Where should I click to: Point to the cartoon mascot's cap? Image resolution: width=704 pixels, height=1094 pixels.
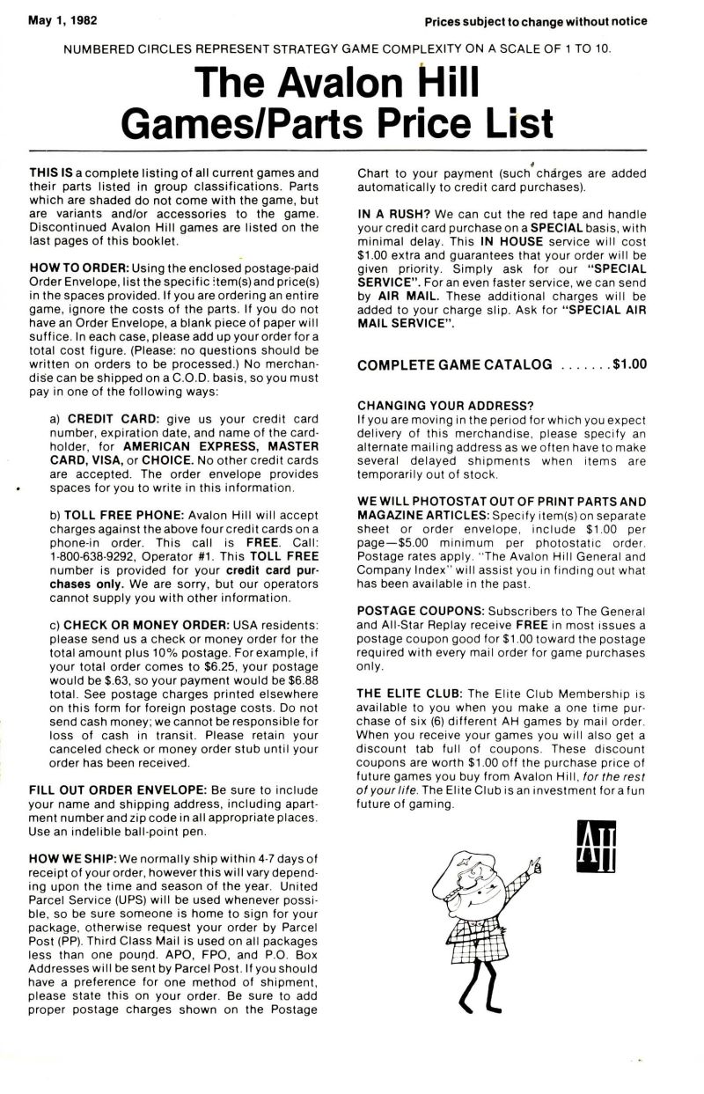463,862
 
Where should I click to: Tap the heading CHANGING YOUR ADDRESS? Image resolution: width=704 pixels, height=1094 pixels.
445,405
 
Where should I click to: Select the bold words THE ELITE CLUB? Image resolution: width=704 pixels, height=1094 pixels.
407,693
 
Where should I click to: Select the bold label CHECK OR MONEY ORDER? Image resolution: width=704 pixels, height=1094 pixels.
143,624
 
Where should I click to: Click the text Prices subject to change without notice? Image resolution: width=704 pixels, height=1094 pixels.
535,21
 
